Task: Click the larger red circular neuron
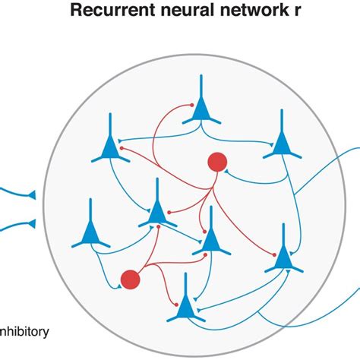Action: point(218,162)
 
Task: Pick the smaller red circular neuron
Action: point(130,279)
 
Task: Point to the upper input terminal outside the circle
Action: point(32,197)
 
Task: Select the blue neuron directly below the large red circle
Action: point(211,242)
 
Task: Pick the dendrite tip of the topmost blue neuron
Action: point(200,76)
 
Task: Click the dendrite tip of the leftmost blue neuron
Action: point(90,200)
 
